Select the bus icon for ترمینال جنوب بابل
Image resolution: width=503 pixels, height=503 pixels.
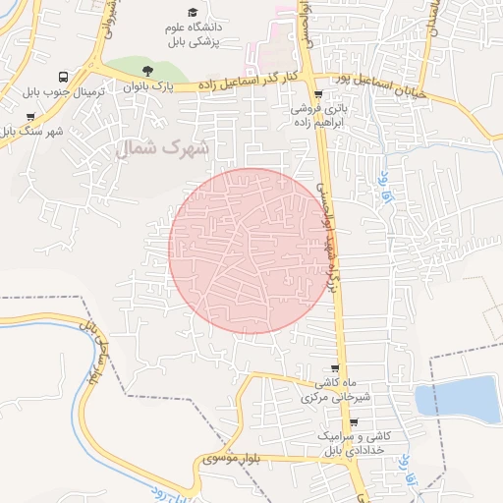[x=64, y=77]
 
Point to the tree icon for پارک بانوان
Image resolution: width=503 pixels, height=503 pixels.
[x=147, y=71]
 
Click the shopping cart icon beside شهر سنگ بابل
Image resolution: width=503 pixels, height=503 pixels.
[x=30, y=117]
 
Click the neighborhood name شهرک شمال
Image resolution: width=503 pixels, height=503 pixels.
[x=163, y=149]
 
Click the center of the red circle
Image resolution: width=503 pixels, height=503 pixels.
[x=248, y=250]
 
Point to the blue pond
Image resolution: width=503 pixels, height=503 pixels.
[x=458, y=399]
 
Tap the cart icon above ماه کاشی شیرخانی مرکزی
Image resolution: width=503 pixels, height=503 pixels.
[x=334, y=368]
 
